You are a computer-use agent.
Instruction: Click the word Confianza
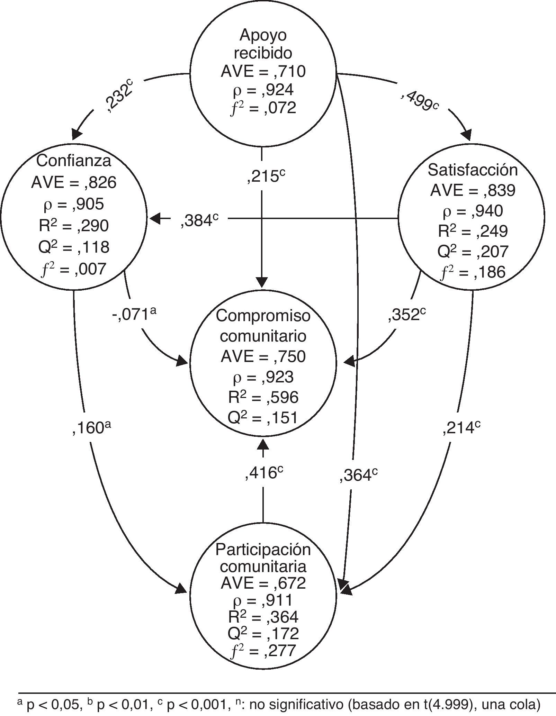click(x=74, y=161)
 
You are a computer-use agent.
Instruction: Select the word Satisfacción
click(x=473, y=170)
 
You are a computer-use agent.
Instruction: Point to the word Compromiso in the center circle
click(x=263, y=316)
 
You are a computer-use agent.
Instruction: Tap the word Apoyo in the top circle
click(x=263, y=35)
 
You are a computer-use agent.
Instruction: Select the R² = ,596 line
click(x=263, y=397)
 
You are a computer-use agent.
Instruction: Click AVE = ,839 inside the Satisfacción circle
click(x=473, y=190)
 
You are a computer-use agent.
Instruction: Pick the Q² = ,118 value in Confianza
click(x=74, y=247)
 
